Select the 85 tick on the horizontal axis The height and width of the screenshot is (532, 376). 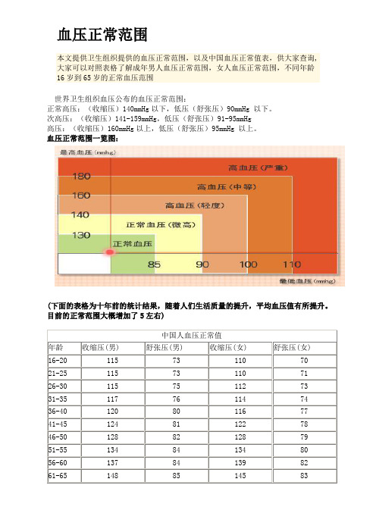(155, 264)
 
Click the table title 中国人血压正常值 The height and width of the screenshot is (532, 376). (192, 334)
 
